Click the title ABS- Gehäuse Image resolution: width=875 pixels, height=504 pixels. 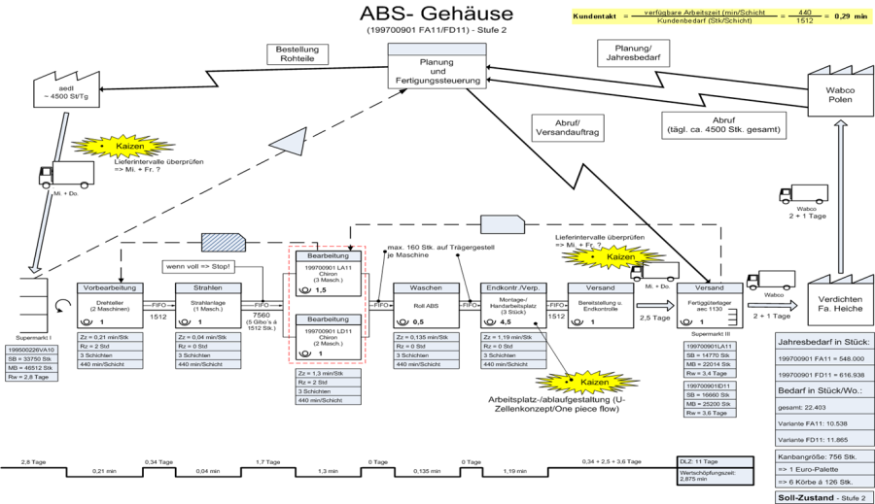(x=437, y=14)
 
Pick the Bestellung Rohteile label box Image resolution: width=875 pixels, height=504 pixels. (x=301, y=53)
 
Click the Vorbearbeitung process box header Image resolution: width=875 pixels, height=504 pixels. (x=110, y=287)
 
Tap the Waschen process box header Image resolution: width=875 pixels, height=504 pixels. (x=426, y=287)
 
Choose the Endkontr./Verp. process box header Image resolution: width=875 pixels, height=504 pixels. (x=513, y=287)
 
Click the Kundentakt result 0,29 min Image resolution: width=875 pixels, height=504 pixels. (x=842, y=17)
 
